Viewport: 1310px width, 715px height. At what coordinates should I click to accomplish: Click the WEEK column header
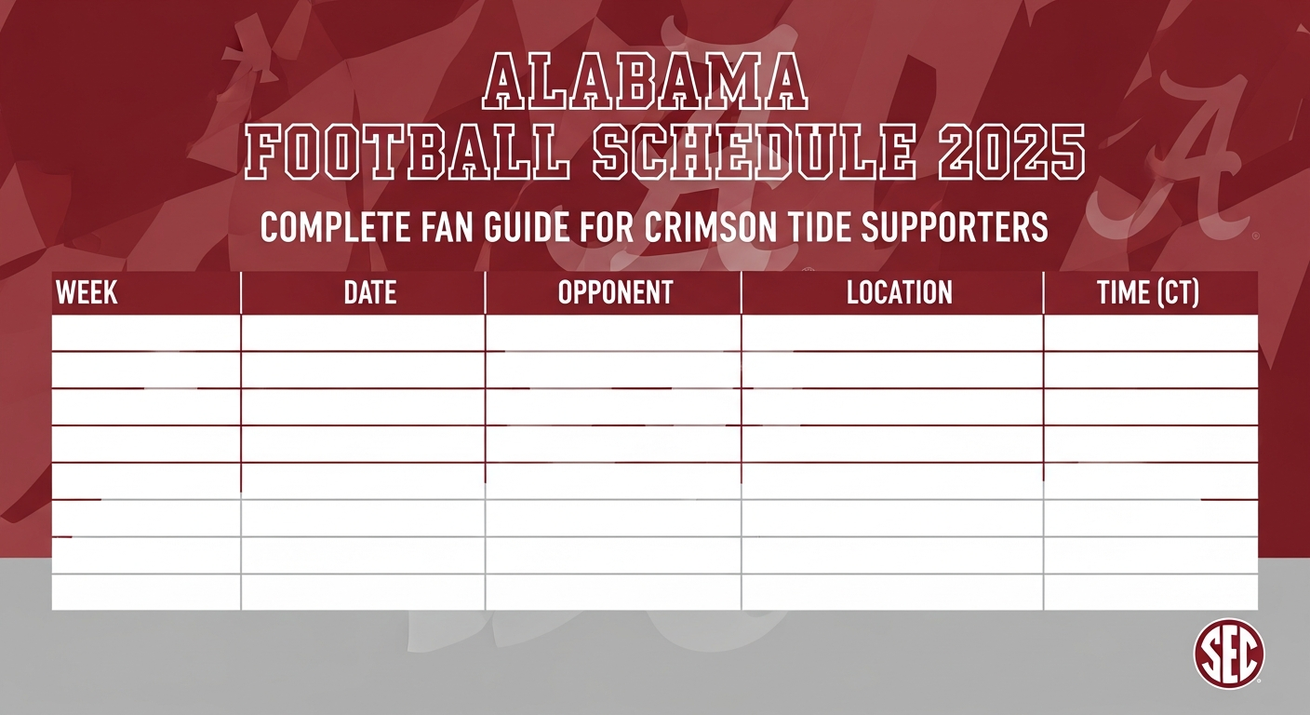tap(87, 292)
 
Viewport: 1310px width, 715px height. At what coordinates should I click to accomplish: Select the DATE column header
tap(369, 292)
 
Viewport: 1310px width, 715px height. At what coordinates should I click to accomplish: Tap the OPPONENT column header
tap(615, 292)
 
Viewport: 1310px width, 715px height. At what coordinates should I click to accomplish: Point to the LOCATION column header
tap(899, 292)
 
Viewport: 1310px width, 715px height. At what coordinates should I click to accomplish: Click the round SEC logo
tap(1228, 654)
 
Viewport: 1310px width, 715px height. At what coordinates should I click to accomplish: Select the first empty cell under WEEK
tap(146, 333)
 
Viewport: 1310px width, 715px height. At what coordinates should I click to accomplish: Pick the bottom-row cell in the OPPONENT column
tap(613, 592)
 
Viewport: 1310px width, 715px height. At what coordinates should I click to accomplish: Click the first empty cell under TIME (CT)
tap(1150, 333)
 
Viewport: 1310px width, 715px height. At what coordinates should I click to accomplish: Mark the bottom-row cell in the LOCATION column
tap(892, 592)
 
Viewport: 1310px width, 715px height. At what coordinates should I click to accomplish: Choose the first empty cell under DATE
tap(363, 333)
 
